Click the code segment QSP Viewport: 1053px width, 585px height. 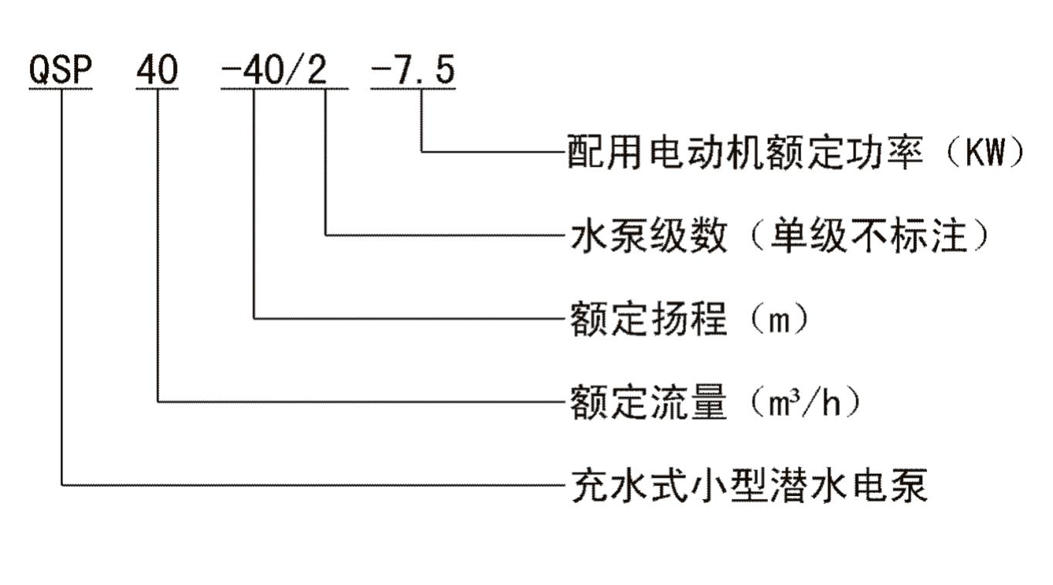tap(60, 71)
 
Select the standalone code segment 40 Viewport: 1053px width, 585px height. tap(157, 71)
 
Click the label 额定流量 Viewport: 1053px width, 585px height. tap(649, 403)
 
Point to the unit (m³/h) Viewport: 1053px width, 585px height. tap(803, 403)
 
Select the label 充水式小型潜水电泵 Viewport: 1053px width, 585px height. tap(748, 486)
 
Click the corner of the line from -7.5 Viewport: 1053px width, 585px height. tap(422, 151)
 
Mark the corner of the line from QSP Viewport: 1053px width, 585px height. tap(61, 485)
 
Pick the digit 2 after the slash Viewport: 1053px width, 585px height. tap(316, 71)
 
